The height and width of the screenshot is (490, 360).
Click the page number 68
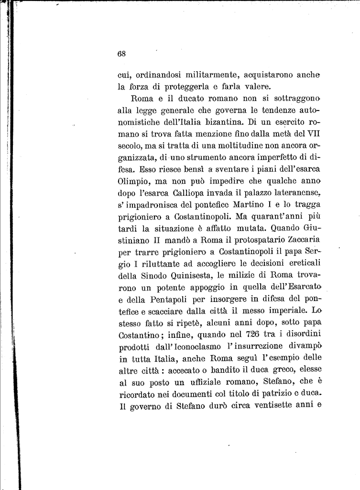coord(121,54)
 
